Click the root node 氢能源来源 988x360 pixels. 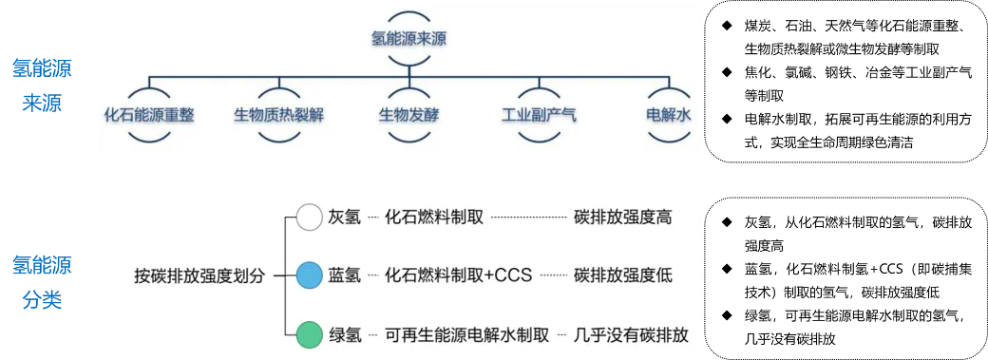point(408,40)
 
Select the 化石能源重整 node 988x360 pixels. point(149,115)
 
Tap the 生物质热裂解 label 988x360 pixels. point(279,115)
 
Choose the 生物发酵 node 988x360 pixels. point(408,115)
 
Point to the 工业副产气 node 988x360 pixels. point(539,115)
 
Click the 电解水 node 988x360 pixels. point(668,115)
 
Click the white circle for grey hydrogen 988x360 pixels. point(309,218)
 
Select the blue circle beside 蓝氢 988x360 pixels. point(309,276)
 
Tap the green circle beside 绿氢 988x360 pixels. point(309,335)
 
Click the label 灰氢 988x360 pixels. point(344,218)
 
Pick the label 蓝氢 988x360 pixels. point(344,276)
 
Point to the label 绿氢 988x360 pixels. point(344,335)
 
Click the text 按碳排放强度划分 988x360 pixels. point(201,276)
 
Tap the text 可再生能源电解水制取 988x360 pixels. point(467,335)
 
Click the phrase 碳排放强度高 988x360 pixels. point(623,218)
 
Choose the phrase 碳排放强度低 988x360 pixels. point(623,276)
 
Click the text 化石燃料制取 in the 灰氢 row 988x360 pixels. point(434,218)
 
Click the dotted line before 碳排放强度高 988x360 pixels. point(528,218)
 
